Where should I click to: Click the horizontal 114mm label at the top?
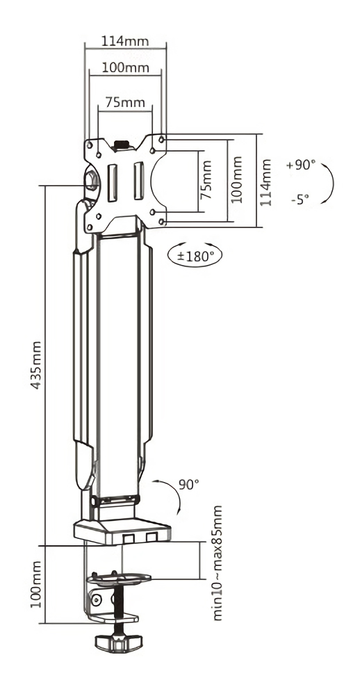point(125,41)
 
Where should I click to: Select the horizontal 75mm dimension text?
point(125,102)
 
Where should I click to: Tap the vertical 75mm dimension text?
point(205,180)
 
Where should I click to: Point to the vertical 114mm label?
point(265,182)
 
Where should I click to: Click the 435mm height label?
point(35,365)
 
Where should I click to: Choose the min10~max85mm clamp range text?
point(217,563)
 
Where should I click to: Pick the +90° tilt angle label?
point(301,165)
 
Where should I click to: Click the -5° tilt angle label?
point(300,200)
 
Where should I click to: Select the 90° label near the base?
point(189,484)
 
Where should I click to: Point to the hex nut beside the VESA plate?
point(92,179)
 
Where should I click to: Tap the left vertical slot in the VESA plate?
point(113,181)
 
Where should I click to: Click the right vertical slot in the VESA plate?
point(139,181)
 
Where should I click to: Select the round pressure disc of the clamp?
point(119,579)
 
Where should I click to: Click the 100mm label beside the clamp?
point(36,585)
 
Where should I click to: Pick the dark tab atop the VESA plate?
point(121,145)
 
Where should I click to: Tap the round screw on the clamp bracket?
point(95,600)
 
